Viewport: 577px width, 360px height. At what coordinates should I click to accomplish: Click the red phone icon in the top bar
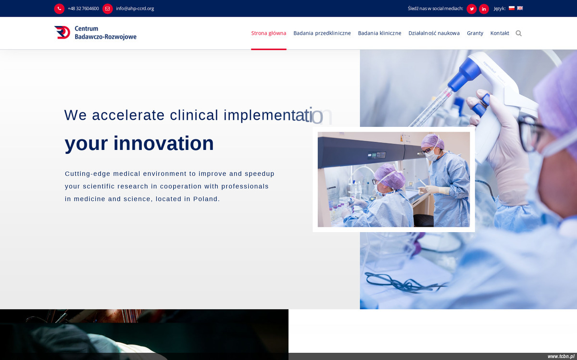point(59,9)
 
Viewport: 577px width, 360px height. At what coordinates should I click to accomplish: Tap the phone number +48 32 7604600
point(83,9)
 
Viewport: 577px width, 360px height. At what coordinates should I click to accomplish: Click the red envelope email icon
point(107,9)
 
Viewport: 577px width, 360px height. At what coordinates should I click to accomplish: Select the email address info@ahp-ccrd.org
point(135,9)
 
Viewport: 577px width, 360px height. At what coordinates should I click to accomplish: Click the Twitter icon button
point(472,9)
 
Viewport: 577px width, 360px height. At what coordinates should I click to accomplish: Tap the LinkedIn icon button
point(484,9)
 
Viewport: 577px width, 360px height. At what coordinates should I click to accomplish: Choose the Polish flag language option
point(512,8)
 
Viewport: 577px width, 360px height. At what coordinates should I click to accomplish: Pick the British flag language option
point(520,8)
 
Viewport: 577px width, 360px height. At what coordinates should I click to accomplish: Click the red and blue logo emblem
point(62,33)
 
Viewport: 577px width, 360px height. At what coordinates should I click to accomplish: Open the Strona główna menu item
point(269,33)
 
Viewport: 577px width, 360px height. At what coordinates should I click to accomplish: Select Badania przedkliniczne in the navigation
point(322,33)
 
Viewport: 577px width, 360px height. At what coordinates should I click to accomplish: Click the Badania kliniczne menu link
point(379,33)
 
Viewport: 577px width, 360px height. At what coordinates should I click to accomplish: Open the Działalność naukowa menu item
point(434,33)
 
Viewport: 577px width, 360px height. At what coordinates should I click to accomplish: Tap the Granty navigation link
point(475,33)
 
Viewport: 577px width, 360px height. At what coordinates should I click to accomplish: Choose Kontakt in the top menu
point(500,33)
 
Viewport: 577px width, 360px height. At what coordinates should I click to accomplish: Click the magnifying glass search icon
point(518,33)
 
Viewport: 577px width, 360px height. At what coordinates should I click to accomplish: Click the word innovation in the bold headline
point(163,143)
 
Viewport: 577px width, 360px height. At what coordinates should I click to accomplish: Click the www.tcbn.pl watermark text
point(561,356)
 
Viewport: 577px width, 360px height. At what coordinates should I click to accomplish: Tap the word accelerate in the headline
point(128,115)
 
